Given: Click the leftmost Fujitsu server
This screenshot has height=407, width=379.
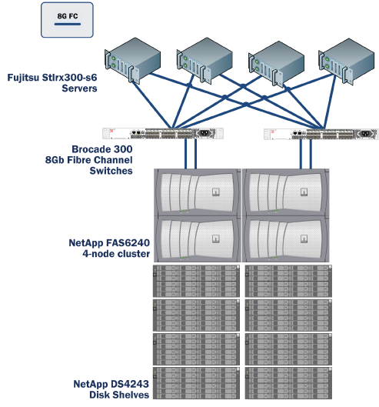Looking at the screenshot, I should click(x=134, y=60).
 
